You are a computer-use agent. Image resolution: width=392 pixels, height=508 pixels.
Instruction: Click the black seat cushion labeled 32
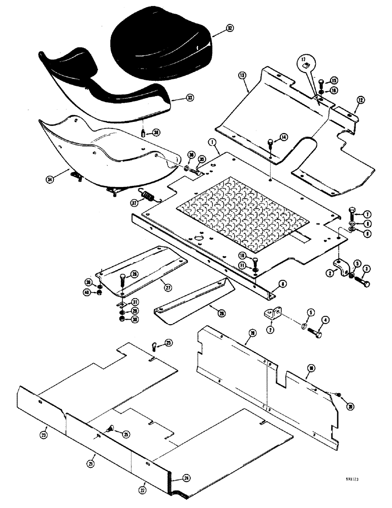point(160,46)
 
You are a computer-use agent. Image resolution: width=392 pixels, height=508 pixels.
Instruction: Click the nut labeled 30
point(122,319)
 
